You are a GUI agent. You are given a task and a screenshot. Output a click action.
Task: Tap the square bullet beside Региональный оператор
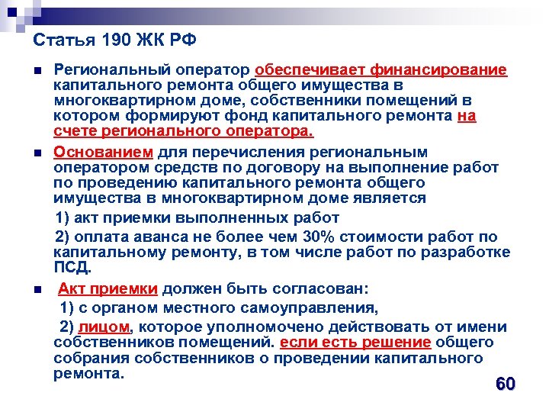click(37, 71)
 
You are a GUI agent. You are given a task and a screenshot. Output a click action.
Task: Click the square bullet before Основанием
click(37, 152)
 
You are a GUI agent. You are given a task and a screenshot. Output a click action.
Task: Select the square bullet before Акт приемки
click(37, 290)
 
